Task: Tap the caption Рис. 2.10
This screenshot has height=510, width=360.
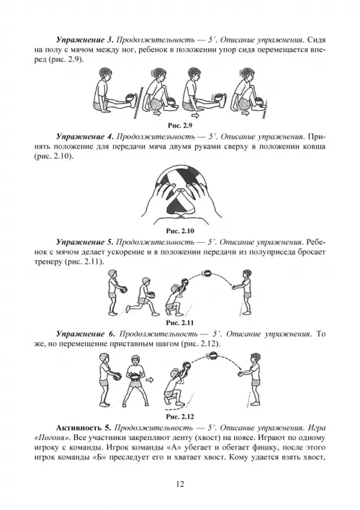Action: pos(180,231)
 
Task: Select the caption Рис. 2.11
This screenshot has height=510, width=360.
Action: pos(180,323)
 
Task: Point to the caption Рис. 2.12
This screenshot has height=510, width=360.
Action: pos(180,416)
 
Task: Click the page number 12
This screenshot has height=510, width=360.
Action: pos(180,484)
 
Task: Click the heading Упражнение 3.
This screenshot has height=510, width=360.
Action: pos(84,40)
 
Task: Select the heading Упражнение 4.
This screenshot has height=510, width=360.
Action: pos(84,136)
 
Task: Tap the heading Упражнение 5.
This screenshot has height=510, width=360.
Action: pos(84,242)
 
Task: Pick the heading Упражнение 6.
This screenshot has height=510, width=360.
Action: pos(86,334)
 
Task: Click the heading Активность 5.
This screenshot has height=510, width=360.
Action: pos(84,428)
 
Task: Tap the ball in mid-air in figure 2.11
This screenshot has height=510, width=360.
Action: pos(207,274)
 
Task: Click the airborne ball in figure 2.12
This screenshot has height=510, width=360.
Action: pos(212,356)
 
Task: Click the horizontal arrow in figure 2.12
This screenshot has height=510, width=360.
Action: pos(149,380)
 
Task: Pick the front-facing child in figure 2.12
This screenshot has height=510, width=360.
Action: pos(135,380)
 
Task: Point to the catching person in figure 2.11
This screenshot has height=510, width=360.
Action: pos(244,292)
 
